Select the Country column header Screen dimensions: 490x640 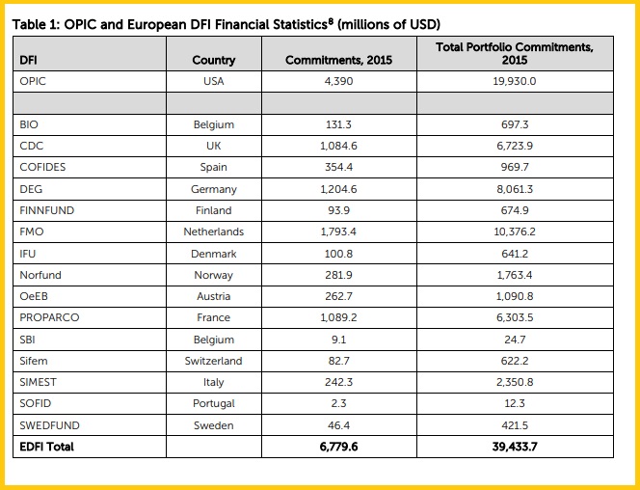click(213, 60)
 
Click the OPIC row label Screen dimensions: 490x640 click(33, 81)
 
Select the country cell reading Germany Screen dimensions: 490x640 click(213, 189)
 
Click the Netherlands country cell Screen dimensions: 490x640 click(213, 231)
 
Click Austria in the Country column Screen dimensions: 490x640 click(213, 296)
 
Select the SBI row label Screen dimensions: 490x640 click(28, 340)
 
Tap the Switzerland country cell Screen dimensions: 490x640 click(213, 361)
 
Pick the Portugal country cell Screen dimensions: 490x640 click(213, 403)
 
